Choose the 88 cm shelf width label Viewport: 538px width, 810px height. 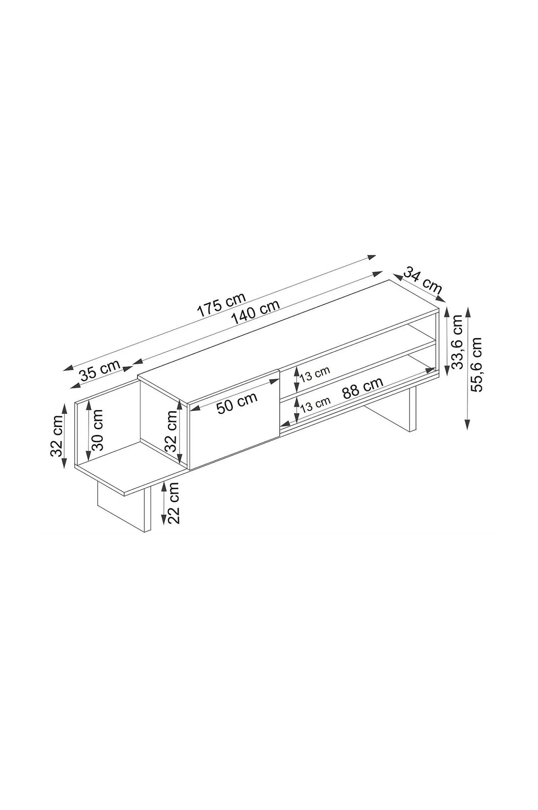coord(363,388)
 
